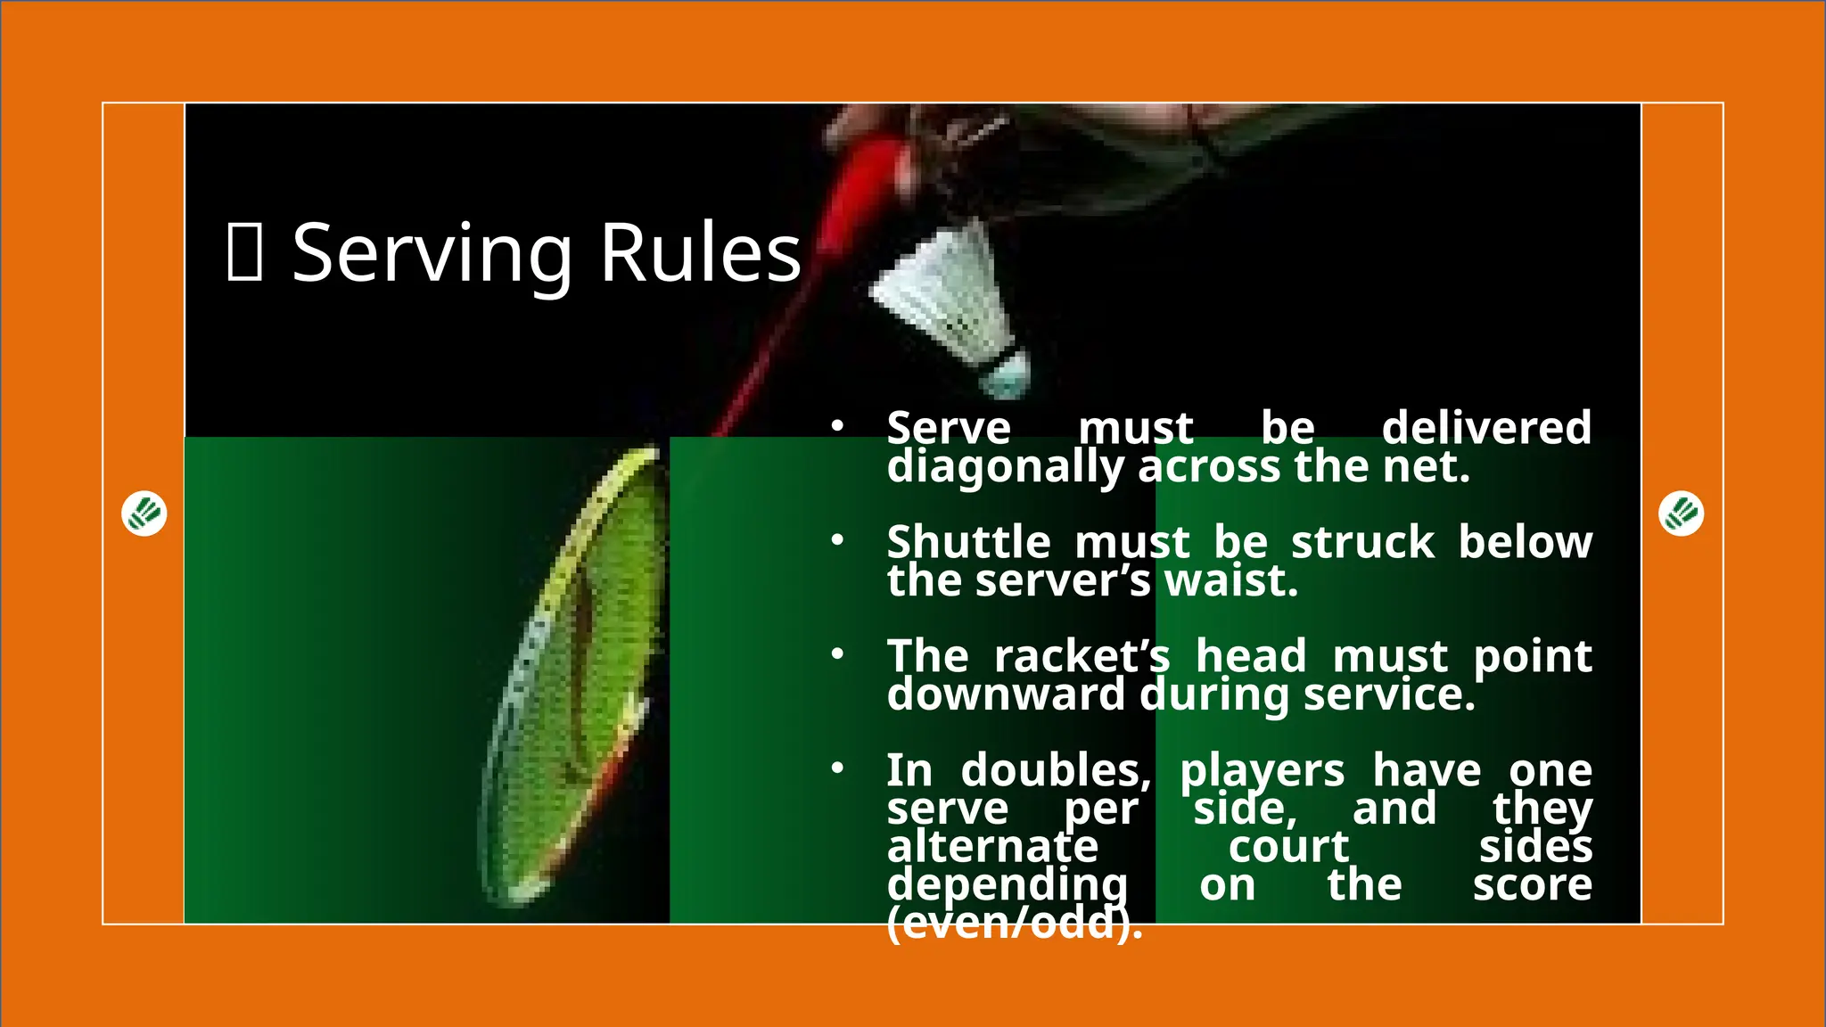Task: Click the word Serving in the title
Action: click(432, 255)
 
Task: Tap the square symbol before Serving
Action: click(244, 253)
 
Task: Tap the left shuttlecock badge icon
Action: click(144, 513)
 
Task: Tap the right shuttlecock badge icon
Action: click(1681, 513)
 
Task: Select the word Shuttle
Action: click(968, 542)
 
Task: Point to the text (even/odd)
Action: click(1014, 924)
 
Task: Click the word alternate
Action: click(992, 847)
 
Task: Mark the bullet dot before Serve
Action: click(836, 426)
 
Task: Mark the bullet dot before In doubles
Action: click(836, 768)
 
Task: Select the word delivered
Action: click(1486, 428)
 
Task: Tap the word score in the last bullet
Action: click(1532, 885)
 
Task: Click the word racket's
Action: click(1082, 656)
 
